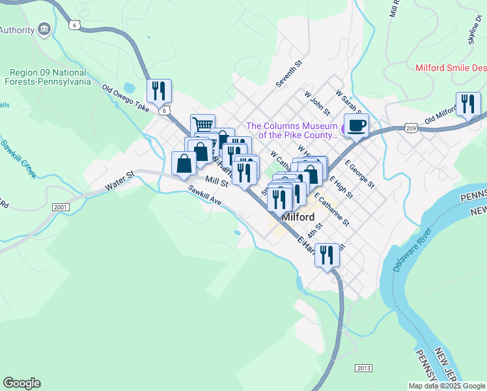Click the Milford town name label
coord(298,217)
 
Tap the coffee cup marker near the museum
coord(355,125)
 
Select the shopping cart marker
coord(202,124)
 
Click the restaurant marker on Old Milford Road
coord(468,104)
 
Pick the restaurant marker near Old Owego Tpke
coord(159,91)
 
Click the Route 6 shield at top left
coord(76,25)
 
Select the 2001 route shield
coord(60,207)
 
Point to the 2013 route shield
coord(364,368)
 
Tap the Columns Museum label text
coord(291,130)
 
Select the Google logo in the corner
coord(21,383)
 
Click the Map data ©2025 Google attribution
coord(446,386)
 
